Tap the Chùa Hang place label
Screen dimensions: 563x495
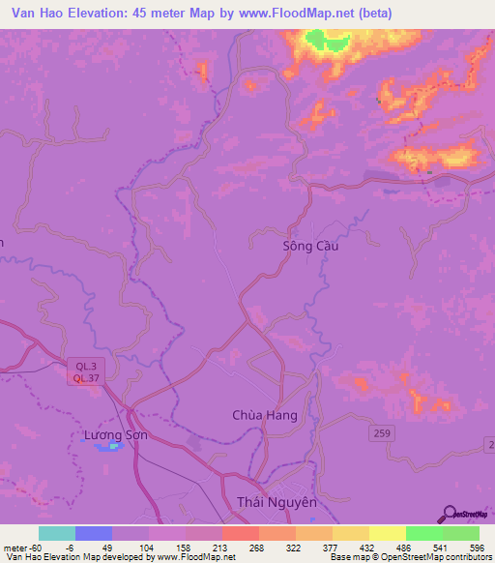pos(264,415)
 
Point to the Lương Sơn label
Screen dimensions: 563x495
pos(114,436)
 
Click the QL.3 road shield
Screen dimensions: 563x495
pos(85,366)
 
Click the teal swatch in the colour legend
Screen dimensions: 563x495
pos(57,533)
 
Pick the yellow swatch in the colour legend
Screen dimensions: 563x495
pos(388,533)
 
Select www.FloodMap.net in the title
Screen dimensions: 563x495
pos(294,14)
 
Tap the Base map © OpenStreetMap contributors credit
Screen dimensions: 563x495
pos(410,558)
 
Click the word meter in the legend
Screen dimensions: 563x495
pos(14,547)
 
